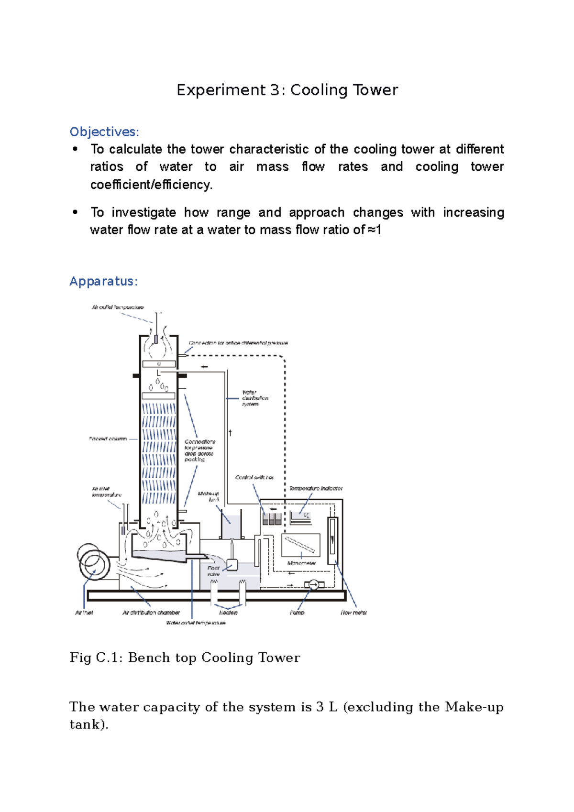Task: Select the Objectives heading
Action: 104,132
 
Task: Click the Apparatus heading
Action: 103,281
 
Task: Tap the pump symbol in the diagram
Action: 314,584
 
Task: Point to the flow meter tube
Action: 332,540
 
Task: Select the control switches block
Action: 272,519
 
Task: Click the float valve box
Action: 232,565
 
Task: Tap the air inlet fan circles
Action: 93,561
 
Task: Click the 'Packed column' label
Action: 108,439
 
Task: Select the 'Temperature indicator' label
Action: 316,488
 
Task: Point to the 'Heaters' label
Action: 228,613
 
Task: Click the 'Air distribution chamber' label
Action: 151,613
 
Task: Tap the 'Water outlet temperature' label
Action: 196,623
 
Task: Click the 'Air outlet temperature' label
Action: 118,307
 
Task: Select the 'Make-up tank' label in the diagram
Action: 209,496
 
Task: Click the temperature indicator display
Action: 300,517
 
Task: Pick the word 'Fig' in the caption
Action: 80,658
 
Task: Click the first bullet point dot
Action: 75,149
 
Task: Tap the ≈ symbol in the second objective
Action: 372,230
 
